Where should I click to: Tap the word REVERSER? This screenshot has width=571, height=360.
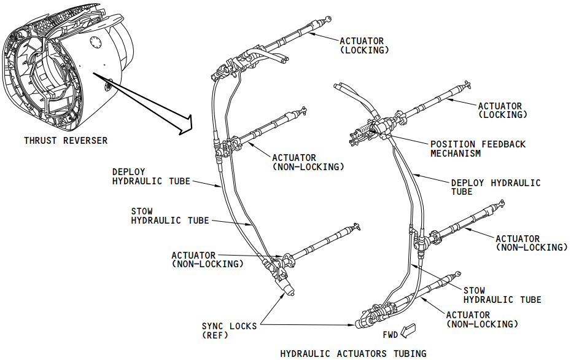[84, 141]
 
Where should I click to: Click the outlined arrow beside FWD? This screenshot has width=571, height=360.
[408, 332]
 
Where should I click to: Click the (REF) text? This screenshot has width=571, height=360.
[215, 335]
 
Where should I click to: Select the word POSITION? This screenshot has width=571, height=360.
[451, 144]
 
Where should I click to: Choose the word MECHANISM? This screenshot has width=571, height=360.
[456, 154]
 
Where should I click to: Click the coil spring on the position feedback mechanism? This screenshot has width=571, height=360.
[367, 130]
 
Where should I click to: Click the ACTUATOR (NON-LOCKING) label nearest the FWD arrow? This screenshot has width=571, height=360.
[482, 319]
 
